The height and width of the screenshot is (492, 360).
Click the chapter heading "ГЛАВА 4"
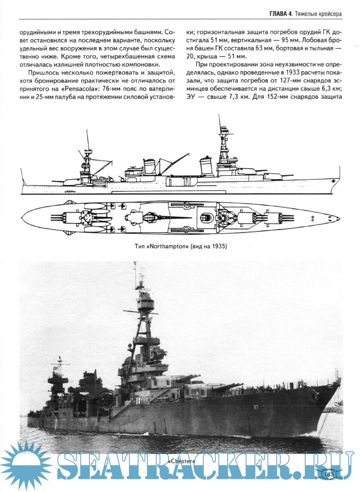tap(281, 14)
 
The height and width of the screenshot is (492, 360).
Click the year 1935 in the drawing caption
tap(220, 246)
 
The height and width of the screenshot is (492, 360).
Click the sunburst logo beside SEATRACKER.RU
tap(25, 464)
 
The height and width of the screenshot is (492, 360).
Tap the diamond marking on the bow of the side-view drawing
tap(333, 181)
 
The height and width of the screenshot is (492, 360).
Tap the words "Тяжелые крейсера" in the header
tap(318, 14)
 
